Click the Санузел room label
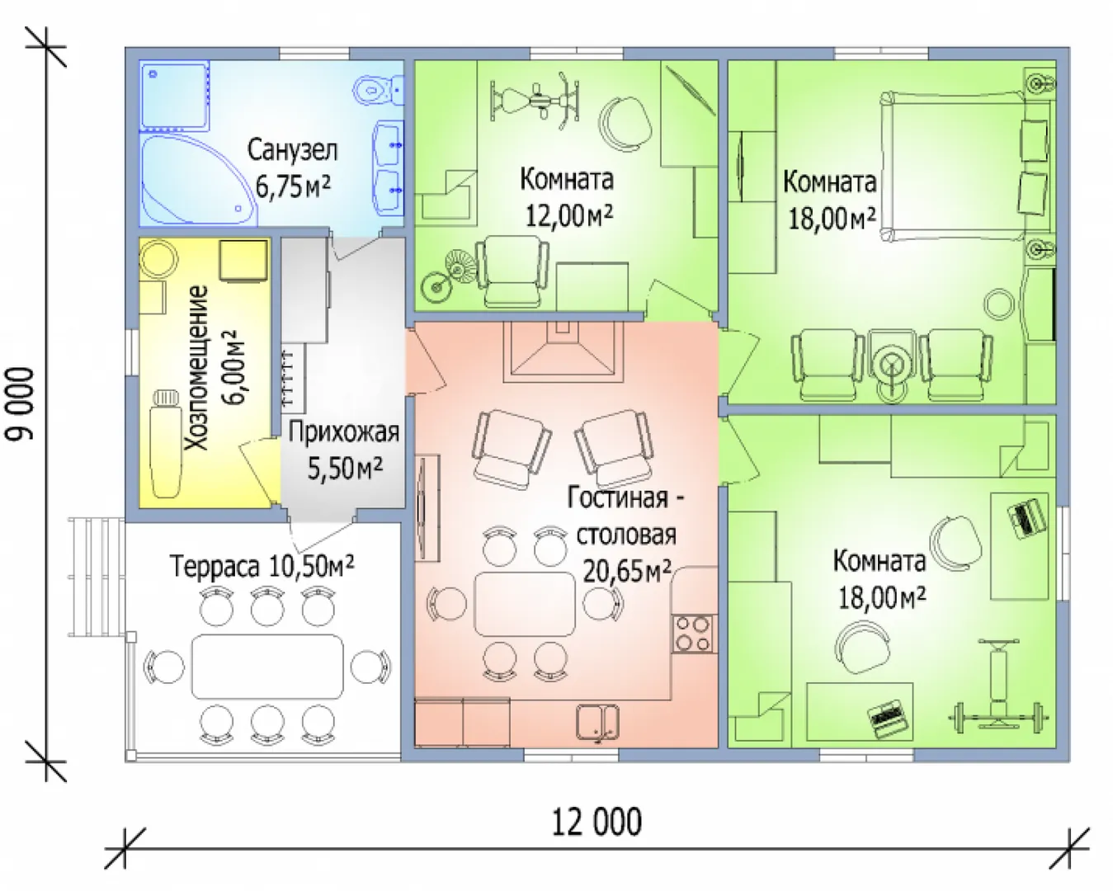(292, 150)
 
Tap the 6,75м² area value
(293, 186)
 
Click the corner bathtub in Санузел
(199, 180)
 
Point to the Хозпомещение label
(197, 368)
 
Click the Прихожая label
(344, 432)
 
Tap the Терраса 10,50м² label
(262, 566)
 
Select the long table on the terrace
(267, 667)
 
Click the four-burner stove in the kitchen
(695, 634)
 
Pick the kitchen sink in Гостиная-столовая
(598, 722)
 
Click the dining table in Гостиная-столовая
(525, 603)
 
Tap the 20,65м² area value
(626, 570)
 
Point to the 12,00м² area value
(569, 215)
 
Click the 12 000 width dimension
(597, 823)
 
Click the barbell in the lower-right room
(998, 718)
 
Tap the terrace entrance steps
(97, 577)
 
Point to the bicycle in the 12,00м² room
(449, 276)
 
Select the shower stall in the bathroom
(175, 97)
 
